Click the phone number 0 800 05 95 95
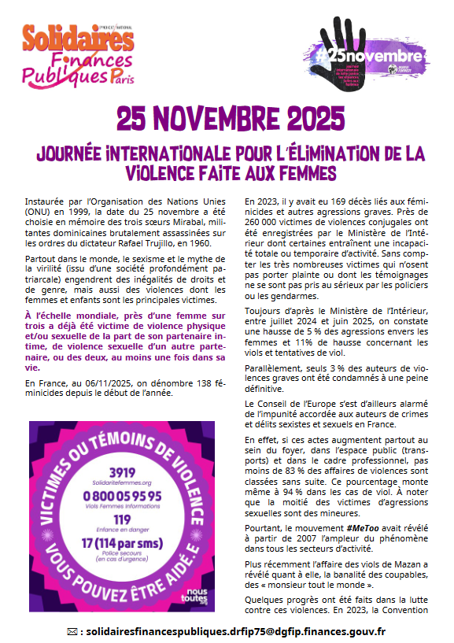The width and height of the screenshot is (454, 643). click(124, 495)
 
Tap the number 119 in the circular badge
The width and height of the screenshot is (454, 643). click(123, 519)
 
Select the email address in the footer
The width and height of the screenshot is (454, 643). click(234, 631)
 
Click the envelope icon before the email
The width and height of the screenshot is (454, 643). click(73, 631)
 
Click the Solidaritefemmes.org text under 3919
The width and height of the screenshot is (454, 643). click(123, 481)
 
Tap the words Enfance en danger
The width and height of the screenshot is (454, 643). click(123, 530)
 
